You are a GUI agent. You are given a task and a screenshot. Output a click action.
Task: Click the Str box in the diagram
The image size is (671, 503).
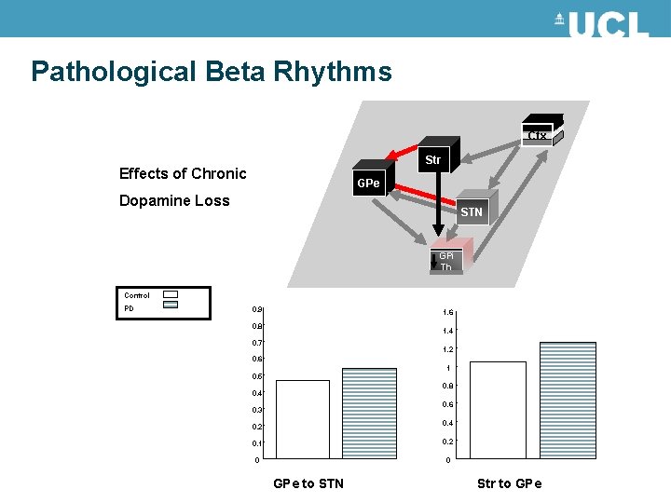point(432,160)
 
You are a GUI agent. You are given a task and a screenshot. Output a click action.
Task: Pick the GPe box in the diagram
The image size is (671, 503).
point(368,184)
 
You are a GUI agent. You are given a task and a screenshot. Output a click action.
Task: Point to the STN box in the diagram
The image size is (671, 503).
point(472,211)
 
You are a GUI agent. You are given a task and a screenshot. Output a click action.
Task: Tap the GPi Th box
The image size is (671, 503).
point(446,261)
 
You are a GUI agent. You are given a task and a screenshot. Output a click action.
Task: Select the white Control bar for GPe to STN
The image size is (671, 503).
point(302,419)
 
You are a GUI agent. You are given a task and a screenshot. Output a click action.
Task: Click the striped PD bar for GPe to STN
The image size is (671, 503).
point(369,414)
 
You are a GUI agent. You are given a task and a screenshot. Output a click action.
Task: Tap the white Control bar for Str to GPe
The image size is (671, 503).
point(499,410)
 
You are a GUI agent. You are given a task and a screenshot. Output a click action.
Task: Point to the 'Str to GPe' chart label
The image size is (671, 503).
point(509,483)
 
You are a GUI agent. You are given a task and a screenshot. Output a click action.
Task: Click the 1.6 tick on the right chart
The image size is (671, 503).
point(449,313)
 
